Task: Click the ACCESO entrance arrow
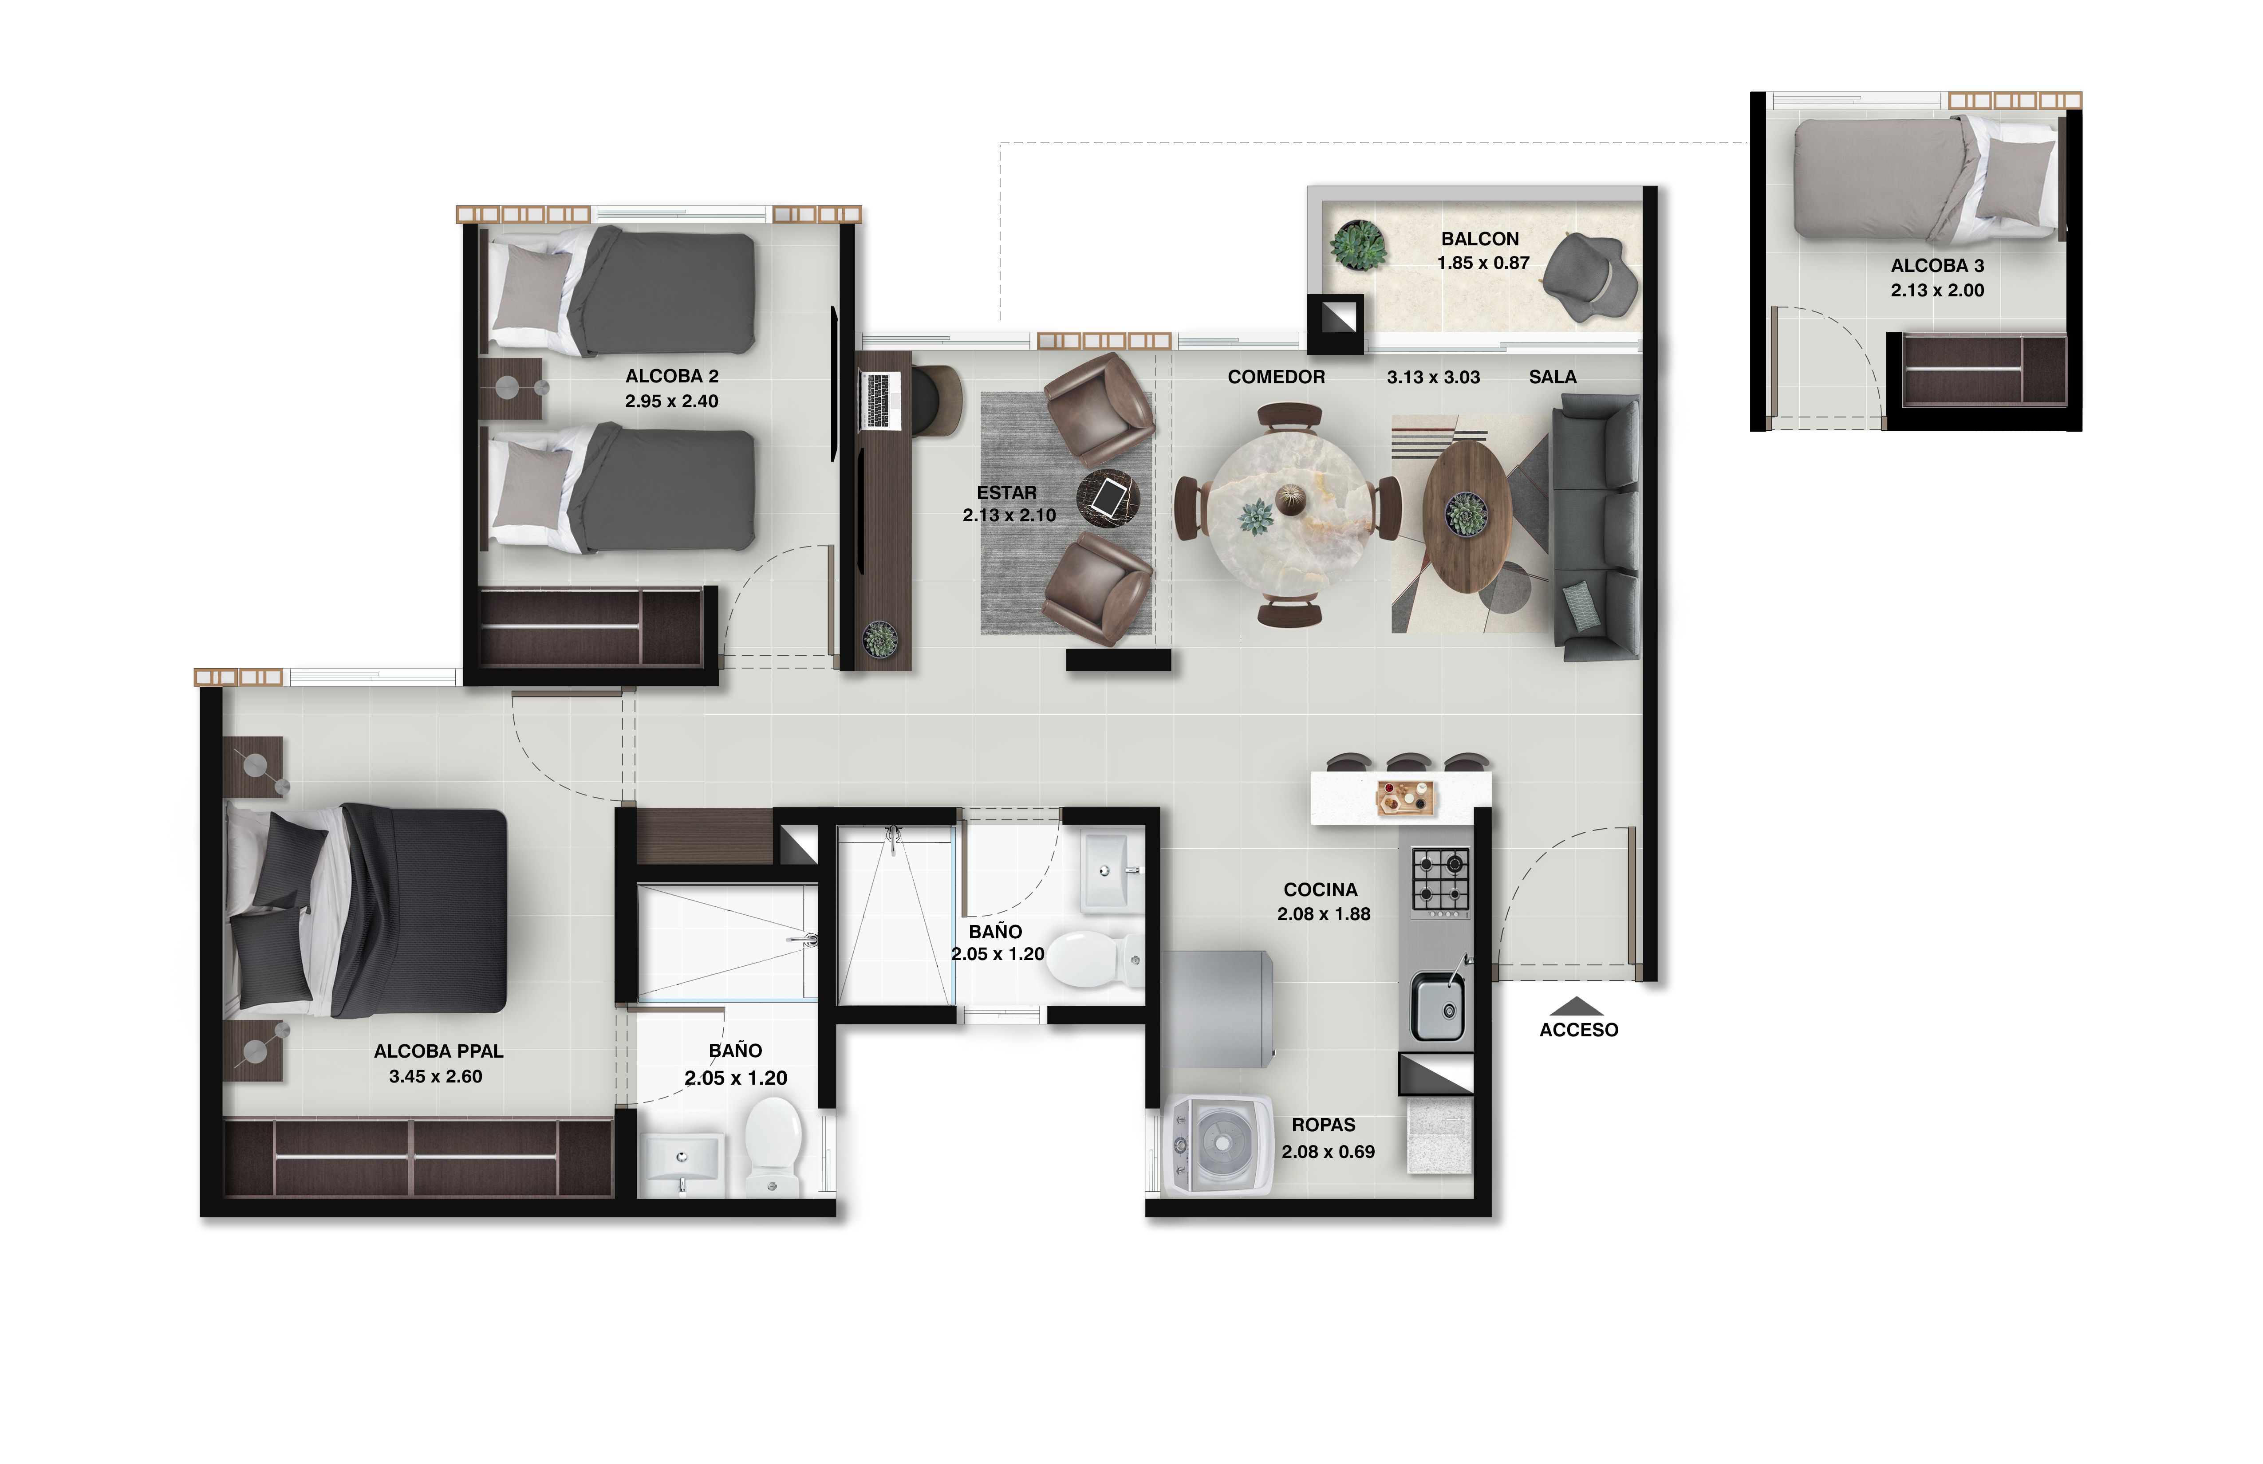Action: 1577,1006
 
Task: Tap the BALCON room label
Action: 1479,239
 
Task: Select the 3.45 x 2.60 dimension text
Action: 435,1076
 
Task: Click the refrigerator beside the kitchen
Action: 1216,1010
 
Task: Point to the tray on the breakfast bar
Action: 1404,797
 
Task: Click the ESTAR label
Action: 1006,492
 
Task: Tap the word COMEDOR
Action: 1275,377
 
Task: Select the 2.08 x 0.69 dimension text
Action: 1327,1151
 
